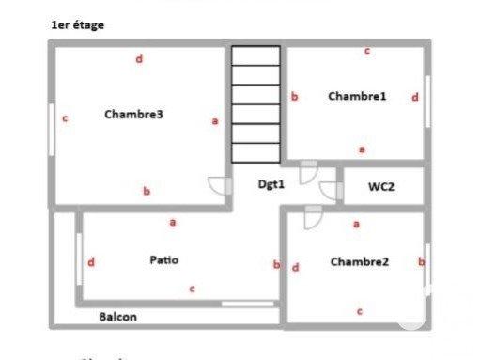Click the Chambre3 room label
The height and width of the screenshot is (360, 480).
point(134,116)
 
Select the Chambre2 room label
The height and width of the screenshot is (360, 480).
point(359,262)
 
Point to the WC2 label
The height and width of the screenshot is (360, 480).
point(380,187)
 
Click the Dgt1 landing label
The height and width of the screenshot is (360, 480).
point(271,184)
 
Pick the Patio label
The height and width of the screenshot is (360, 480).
point(163,259)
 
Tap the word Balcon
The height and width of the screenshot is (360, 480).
point(117,317)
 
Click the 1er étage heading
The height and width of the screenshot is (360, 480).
point(78,25)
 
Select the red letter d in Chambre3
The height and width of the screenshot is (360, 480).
point(139,59)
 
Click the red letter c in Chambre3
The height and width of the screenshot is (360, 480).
point(65,119)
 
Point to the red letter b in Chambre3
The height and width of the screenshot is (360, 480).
point(147,191)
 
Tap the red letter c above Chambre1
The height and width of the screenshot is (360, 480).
point(366,51)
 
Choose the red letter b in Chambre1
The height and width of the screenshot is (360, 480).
point(294,96)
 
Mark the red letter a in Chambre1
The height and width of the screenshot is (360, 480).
point(363,149)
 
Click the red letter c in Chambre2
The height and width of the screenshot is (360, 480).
point(360,310)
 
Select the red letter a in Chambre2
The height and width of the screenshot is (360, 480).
point(356,224)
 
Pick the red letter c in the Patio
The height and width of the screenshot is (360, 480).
point(192,289)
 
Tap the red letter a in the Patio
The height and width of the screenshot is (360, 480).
point(172,223)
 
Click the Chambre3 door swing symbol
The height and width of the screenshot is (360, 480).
point(220,185)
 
